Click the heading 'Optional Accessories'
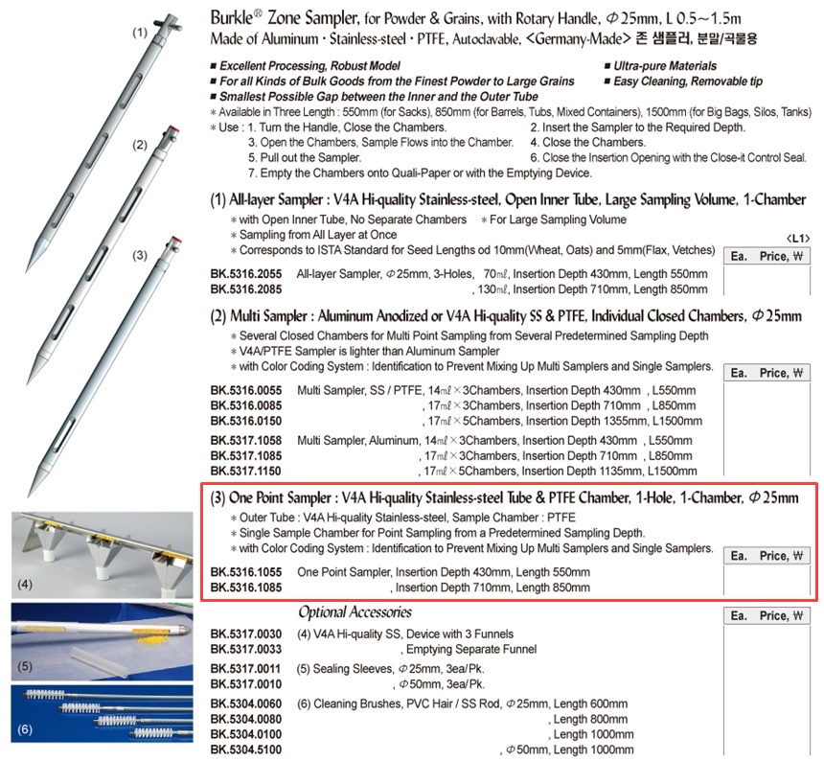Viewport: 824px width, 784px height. tap(355, 611)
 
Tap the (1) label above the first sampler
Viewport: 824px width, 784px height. tap(140, 32)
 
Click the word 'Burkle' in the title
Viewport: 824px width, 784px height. tap(236, 18)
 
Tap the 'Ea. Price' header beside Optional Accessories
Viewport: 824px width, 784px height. tap(767, 616)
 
